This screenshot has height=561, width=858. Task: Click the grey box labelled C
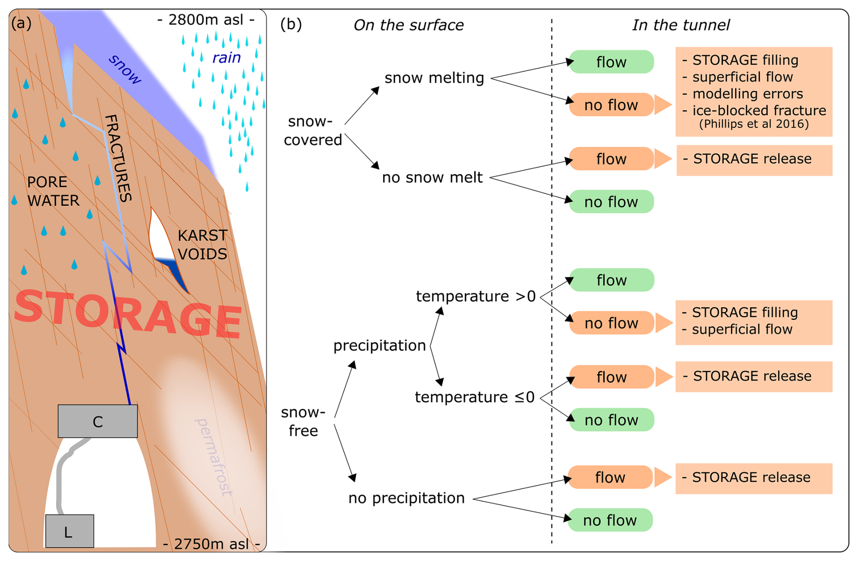click(97, 421)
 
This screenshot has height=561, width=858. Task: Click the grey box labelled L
click(69, 531)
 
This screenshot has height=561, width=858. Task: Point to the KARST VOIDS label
click(202, 245)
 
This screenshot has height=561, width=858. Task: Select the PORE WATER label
click(53, 191)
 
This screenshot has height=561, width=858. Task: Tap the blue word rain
click(226, 58)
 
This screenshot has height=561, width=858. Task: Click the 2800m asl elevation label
click(206, 20)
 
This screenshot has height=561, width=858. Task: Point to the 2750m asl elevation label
click(211, 544)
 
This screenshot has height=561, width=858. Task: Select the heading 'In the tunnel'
click(681, 25)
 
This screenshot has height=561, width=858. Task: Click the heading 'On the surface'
click(408, 25)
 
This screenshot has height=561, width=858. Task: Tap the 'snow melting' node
click(434, 78)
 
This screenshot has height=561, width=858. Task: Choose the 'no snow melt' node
click(432, 178)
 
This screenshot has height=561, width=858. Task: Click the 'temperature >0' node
click(475, 296)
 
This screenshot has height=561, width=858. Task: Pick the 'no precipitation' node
click(406, 498)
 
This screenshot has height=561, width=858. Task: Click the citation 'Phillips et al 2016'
click(754, 124)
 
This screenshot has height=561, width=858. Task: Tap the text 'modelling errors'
click(747, 94)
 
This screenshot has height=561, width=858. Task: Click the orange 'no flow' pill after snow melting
click(611, 105)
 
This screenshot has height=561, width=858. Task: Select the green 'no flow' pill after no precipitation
click(610, 520)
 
